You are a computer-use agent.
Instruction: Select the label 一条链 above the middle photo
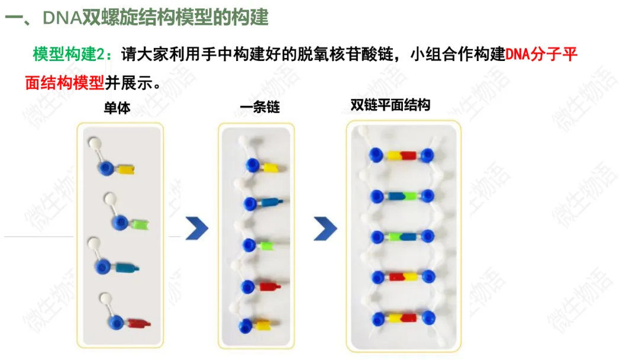tap(260, 108)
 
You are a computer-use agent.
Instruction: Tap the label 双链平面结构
tap(390, 106)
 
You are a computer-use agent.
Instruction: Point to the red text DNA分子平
tap(541, 54)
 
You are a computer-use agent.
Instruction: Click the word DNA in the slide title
tap(62, 18)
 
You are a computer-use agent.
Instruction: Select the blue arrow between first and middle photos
tap(196, 228)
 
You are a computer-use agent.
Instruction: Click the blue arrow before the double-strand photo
tap(325, 228)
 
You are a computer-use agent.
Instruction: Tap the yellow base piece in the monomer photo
tap(126, 170)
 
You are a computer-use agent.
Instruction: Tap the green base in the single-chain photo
tap(264, 244)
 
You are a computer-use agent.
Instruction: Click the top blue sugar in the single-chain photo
tap(254, 165)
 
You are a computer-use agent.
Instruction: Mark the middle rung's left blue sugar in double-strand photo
tap(376, 236)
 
